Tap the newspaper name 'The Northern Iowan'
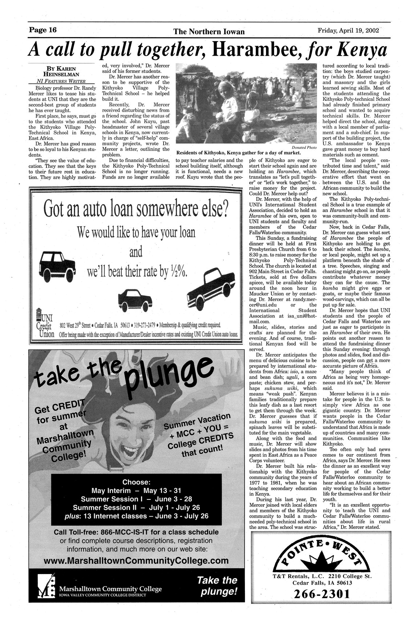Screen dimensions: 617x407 (x=209, y=32)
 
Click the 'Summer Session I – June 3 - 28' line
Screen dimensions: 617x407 (x=136, y=499)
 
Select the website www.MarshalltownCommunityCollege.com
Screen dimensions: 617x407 (x=136, y=560)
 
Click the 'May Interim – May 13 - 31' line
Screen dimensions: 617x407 (x=136, y=490)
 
